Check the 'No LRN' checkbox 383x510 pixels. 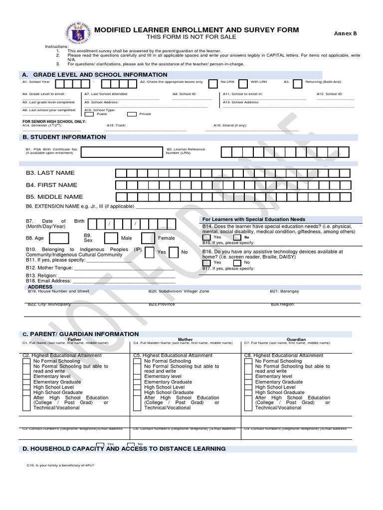[x=212, y=84]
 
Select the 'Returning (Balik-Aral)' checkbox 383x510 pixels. [x=297, y=84]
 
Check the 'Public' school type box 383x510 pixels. [x=90, y=114]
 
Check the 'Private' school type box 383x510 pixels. [x=132, y=114]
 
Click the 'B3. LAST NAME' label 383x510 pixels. [x=50, y=173]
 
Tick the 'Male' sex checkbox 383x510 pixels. [x=111, y=239]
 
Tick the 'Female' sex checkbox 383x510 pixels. [x=148, y=239]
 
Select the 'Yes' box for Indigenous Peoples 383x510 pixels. [x=149, y=253]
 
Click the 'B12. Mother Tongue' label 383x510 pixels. [x=49, y=268]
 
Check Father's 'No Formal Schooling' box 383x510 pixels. [x=26, y=361]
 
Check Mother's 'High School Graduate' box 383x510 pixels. [x=137, y=392]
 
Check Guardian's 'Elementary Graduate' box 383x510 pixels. [x=248, y=382]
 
